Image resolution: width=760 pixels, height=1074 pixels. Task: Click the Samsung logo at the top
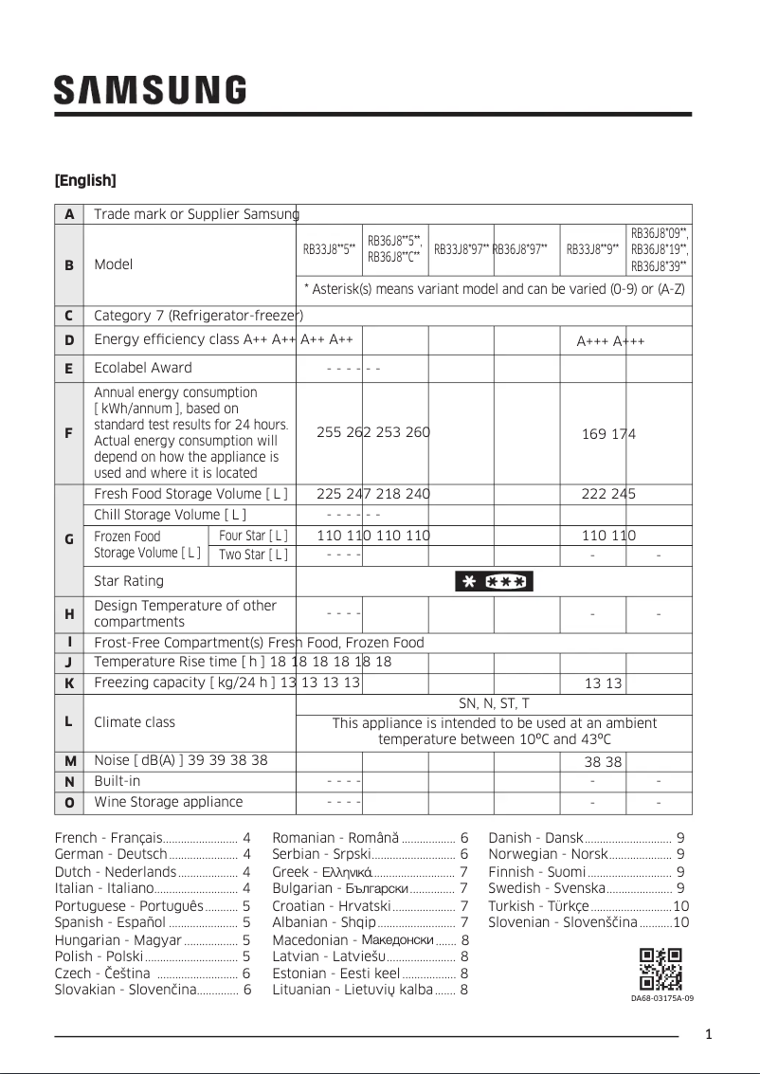(150, 90)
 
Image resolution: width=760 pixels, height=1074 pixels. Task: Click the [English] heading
(85, 180)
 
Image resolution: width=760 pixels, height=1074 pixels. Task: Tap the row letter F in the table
(68, 433)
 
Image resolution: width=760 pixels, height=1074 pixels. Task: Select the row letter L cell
(68, 721)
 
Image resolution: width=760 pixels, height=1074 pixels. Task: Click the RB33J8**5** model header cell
(329, 250)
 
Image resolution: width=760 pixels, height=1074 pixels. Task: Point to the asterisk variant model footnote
(494, 289)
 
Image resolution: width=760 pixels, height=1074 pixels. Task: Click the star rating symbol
(494, 581)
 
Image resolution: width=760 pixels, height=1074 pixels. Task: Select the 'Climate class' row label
(135, 721)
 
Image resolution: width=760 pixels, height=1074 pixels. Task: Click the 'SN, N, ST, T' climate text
(494, 703)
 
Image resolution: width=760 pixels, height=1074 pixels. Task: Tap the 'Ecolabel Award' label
(143, 368)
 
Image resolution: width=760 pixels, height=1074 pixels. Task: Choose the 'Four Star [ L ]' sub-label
(253, 536)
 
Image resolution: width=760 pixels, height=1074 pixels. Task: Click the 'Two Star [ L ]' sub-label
(253, 555)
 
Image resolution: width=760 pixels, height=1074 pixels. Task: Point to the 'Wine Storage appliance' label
(169, 802)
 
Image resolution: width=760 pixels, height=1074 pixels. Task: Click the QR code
(661, 969)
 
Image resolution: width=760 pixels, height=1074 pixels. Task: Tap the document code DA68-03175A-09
(662, 998)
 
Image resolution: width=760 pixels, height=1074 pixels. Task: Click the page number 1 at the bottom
(709, 1034)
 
